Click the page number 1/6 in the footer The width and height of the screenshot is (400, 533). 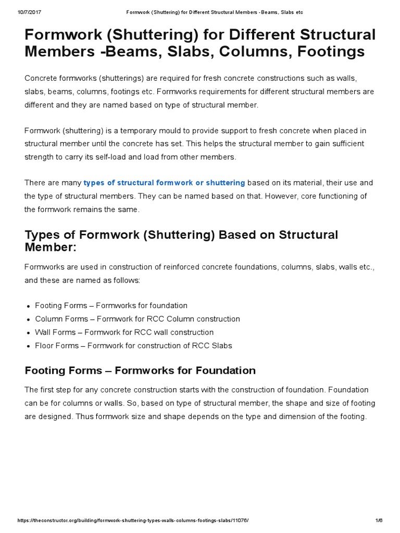379,521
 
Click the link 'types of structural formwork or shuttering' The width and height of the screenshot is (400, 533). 164,183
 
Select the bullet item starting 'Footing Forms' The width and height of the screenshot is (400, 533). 111,306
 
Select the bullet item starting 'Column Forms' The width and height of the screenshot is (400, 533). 137,319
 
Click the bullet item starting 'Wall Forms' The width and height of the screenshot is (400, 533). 124,332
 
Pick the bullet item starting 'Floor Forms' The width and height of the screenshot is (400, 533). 133,345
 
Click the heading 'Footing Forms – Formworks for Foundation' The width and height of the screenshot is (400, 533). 140,371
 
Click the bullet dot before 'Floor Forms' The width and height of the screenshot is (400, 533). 28,346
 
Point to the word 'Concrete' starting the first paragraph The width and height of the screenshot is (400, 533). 40,78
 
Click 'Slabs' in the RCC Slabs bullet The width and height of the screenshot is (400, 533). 222,345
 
